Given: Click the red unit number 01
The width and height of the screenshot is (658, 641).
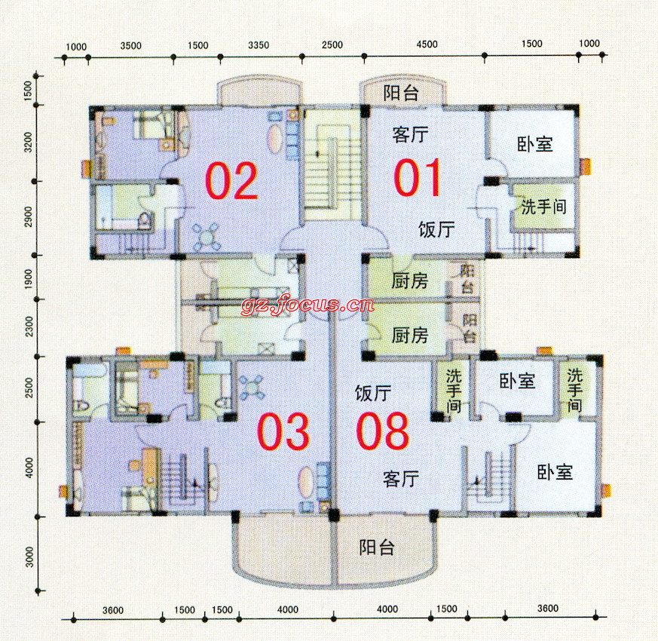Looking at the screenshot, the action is point(418,177).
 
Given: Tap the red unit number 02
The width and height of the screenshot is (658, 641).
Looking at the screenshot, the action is point(231,180).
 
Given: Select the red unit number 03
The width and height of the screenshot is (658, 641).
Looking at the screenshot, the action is point(283,431).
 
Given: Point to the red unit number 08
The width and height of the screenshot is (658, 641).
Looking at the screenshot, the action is point(382,431).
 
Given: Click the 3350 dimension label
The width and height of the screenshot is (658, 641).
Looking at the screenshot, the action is point(259,45).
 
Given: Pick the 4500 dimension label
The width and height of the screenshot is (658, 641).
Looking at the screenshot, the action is point(427,44).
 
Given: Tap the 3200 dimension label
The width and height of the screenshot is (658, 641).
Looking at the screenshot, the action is point(28,142).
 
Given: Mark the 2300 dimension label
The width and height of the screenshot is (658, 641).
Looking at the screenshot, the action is point(29,327).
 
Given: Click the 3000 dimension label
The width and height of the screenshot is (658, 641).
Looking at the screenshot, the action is point(29,557).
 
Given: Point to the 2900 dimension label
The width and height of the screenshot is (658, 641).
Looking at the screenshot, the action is point(28,216).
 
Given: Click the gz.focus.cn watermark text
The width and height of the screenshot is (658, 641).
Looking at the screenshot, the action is point(308,303).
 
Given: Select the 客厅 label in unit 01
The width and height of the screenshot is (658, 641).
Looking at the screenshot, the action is point(411,135).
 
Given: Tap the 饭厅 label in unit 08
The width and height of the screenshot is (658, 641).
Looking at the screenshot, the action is point(372,394).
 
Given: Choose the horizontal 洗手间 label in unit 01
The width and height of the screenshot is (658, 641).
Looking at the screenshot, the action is point(543,207).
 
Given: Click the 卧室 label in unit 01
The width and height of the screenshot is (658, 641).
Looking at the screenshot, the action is point(534,144).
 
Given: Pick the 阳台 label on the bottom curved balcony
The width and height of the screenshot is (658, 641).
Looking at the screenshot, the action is point(377,547).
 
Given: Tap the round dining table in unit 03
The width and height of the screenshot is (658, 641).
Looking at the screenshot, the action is point(251,388).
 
